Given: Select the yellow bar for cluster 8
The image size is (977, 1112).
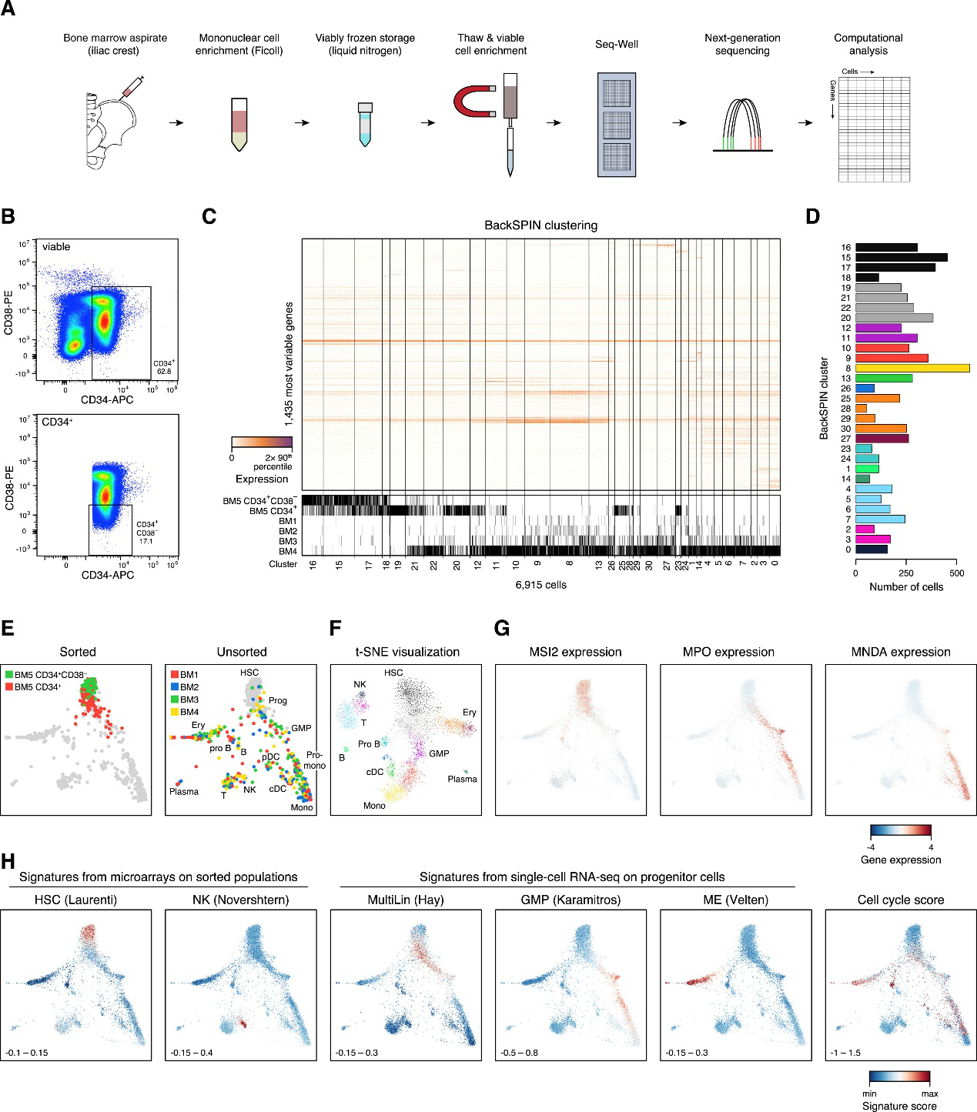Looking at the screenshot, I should tap(912, 369).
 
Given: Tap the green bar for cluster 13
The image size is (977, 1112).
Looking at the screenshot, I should tap(884, 379).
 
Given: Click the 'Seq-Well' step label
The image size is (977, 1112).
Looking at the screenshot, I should tap(617, 44).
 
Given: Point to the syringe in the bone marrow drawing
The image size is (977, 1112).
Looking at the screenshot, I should tap(132, 87).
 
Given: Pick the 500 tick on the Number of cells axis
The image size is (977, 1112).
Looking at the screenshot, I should tap(956, 573).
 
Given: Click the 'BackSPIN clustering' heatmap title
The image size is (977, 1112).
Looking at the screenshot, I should tap(540, 225).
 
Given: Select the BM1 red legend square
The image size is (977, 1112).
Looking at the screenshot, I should tap(174, 675).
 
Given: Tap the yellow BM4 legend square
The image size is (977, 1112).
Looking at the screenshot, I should tap(174, 712).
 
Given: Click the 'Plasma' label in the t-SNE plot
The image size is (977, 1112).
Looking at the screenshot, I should tap(462, 779).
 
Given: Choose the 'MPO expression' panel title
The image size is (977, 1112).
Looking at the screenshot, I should tap(728, 652).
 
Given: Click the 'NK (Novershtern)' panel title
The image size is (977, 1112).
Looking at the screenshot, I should tap(240, 900).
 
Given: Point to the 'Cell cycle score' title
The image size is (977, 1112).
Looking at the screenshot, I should tap(900, 900).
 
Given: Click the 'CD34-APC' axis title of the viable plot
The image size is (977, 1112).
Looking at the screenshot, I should tap(107, 399).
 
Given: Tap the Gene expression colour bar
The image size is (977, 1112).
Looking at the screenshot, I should tap(900, 831).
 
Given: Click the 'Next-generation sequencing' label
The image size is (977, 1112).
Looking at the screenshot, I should tap(742, 44).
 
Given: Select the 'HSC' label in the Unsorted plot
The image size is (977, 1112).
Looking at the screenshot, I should tap(249, 673).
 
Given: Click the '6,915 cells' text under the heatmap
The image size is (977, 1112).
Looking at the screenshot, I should tap(540, 585).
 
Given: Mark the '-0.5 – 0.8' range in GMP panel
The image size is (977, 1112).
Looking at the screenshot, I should tap(519, 1052).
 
